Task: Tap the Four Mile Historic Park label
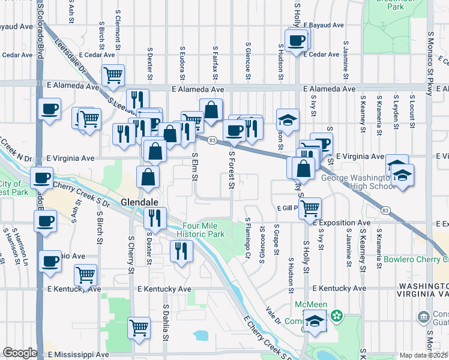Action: click(203, 230)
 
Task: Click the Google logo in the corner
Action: click(20, 353)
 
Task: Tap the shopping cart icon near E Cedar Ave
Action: click(113, 75)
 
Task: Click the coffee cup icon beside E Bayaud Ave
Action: click(297, 41)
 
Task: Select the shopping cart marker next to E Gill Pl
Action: click(310, 208)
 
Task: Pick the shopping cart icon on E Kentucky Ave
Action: click(86, 275)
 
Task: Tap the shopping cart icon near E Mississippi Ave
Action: click(139, 327)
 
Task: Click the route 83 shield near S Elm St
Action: click(212, 140)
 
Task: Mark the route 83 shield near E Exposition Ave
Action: click(385, 210)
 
